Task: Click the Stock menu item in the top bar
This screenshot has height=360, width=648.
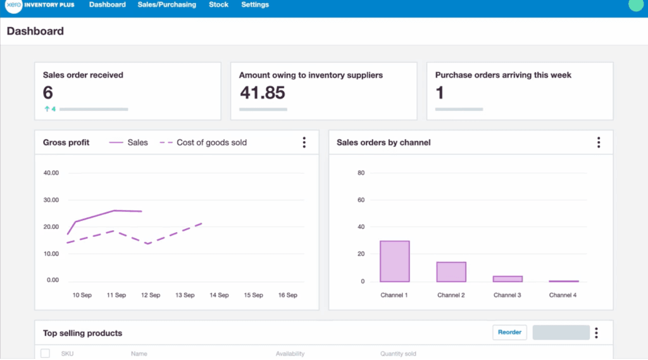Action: point(218,5)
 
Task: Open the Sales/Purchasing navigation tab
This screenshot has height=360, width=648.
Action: point(166,5)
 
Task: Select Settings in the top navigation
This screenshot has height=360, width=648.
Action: point(255,5)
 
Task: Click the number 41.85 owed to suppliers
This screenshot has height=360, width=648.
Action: point(262,93)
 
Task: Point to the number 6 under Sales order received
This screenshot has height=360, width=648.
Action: point(48,93)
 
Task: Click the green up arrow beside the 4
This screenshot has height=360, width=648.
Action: point(46,109)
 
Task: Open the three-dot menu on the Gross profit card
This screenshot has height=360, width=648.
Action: point(304,142)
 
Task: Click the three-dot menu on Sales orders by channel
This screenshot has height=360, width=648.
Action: point(599,142)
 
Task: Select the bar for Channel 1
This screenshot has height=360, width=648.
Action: point(394,261)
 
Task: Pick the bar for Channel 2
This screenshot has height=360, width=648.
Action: point(451,271)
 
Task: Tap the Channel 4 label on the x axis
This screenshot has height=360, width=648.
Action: point(563,295)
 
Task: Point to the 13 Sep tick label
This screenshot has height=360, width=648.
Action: point(185,295)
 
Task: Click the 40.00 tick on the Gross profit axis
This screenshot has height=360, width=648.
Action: point(51,173)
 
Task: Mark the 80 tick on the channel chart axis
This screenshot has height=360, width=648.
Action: point(361,173)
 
